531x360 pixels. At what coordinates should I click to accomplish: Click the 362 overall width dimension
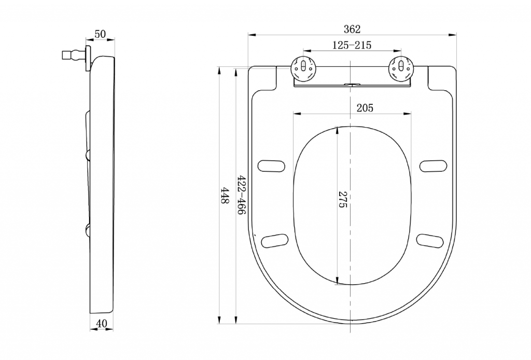[352, 30]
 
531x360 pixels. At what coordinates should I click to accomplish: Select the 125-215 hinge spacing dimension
[352, 45]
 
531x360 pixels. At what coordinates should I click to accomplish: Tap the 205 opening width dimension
[365, 108]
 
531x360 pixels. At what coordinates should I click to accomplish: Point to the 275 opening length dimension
[343, 200]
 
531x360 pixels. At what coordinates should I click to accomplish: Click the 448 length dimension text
[225, 196]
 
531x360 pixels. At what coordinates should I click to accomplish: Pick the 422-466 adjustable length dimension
[241, 195]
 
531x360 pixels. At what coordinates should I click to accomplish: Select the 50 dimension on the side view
[100, 34]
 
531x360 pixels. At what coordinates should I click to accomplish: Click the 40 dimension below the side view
[102, 324]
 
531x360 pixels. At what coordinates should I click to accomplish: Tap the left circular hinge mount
[304, 69]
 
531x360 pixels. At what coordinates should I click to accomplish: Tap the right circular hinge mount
[401, 69]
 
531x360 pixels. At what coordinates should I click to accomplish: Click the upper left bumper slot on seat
[271, 166]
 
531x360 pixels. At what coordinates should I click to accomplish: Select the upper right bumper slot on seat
[434, 166]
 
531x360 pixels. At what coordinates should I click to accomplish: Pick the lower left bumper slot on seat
[275, 241]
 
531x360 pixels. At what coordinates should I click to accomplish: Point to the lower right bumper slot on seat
[430, 241]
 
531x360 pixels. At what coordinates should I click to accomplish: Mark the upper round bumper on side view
[87, 155]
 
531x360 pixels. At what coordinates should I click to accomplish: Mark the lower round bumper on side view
[87, 230]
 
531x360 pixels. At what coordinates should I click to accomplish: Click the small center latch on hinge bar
[352, 84]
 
